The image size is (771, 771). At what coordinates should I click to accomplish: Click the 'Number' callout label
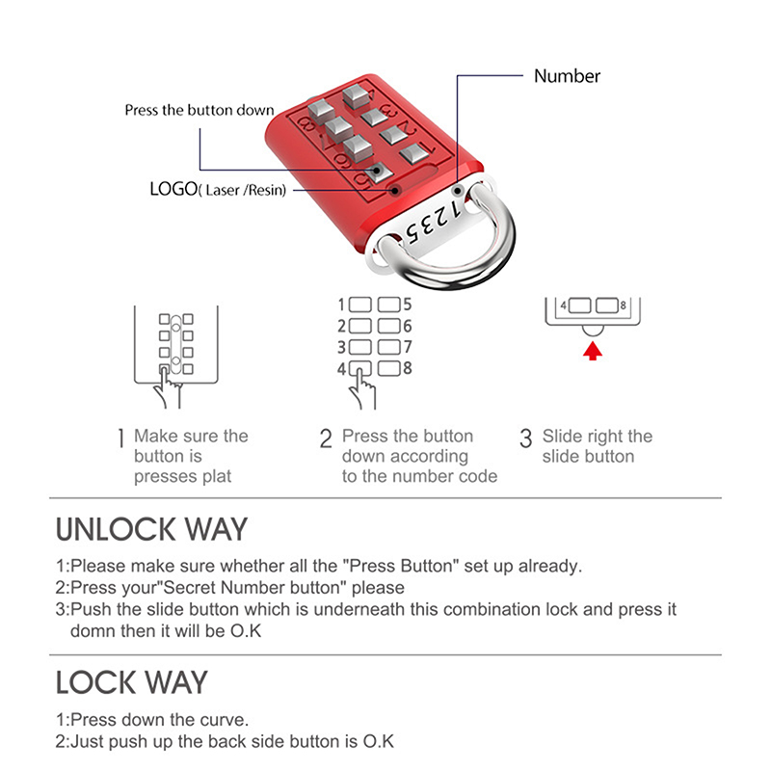click(x=567, y=76)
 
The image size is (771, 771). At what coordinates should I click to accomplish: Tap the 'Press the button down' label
click(x=199, y=110)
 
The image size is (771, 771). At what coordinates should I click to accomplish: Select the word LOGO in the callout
click(x=173, y=189)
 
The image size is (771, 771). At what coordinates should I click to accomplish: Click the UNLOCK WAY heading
click(x=151, y=529)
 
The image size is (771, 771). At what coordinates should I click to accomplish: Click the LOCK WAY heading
click(x=131, y=682)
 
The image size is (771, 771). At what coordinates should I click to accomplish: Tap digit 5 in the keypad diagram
click(x=408, y=304)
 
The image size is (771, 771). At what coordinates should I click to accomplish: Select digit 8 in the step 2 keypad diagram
click(x=408, y=368)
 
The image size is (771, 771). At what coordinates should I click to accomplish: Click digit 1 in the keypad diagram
click(x=341, y=304)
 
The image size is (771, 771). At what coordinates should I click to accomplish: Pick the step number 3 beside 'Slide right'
click(x=525, y=439)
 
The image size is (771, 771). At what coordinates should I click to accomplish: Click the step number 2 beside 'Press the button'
click(x=326, y=440)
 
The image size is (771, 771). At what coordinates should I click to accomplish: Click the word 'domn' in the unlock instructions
click(x=95, y=631)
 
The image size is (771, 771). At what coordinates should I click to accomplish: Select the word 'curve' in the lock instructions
click(x=218, y=720)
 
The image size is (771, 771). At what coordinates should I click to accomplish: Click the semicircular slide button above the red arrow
click(x=592, y=332)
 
